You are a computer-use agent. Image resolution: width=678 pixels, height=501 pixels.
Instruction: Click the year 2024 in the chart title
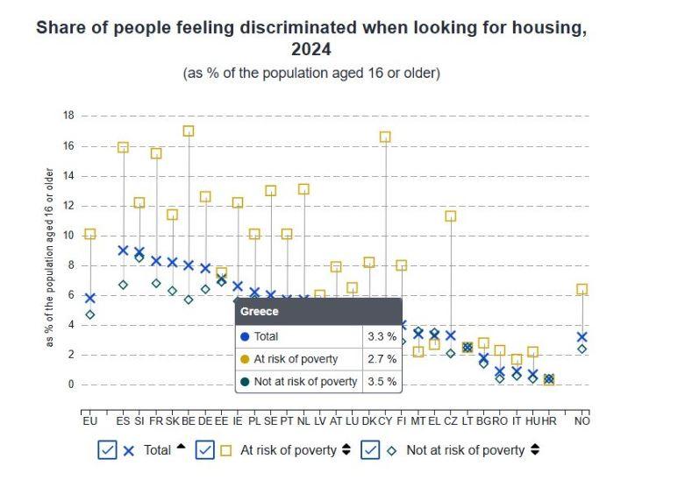pos(310,50)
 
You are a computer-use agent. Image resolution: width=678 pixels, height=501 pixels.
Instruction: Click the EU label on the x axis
pos(89,421)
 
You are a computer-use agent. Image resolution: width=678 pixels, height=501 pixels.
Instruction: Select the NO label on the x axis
pos(582,421)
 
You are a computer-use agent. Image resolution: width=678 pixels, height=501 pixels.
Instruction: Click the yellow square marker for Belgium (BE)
pos(189,131)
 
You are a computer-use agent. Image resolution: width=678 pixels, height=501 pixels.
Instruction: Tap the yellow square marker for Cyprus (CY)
pos(385,137)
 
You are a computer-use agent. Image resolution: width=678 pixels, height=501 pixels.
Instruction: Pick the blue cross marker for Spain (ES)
pos(123,250)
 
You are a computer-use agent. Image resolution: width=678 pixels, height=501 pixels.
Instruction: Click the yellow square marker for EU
pos(89,234)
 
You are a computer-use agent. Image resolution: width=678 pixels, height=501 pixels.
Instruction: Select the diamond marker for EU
pos(89,314)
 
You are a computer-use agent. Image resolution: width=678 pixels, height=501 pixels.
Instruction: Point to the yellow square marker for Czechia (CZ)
pos(451,215)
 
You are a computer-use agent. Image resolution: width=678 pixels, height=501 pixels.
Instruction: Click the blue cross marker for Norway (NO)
pos(582,336)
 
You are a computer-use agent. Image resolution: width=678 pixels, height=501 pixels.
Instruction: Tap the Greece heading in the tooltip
pos(260,311)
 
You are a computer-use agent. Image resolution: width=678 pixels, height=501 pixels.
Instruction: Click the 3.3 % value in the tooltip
pos(381,336)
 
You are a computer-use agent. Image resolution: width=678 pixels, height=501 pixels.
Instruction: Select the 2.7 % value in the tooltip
pos(381,359)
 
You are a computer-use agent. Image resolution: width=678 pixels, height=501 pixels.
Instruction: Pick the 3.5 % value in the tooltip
pos(381,382)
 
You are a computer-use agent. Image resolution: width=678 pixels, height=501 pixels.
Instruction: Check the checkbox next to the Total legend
pos(107,450)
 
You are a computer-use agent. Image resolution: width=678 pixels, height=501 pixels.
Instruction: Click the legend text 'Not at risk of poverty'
pos(465,450)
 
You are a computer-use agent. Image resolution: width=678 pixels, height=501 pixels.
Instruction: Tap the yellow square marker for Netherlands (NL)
pos(303,189)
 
